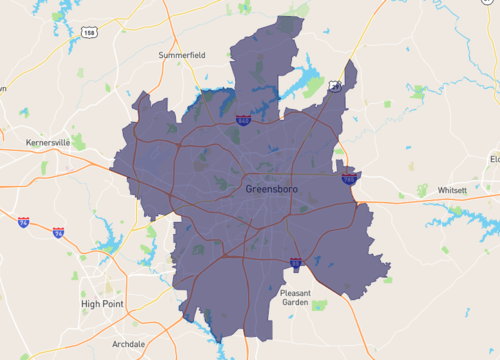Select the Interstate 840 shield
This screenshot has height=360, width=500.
click(244, 120)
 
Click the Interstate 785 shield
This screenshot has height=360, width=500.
click(348, 179)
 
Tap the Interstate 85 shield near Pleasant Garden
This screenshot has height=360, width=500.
click(296, 263)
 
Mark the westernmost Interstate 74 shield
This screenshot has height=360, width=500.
click(23, 222)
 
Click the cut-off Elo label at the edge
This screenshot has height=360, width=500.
click(494, 159)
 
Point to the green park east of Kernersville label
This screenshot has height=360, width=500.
click(78, 142)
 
